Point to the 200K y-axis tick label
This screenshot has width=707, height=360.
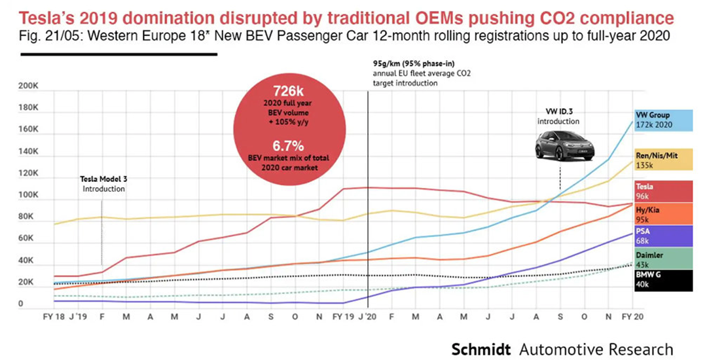(x=29, y=86)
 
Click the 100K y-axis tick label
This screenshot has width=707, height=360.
(x=29, y=196)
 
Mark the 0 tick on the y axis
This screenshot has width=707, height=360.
(x=21, y=304)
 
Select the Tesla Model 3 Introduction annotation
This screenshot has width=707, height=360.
(x=103, y=184)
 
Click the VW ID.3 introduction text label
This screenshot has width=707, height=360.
(x=558, y=117)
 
